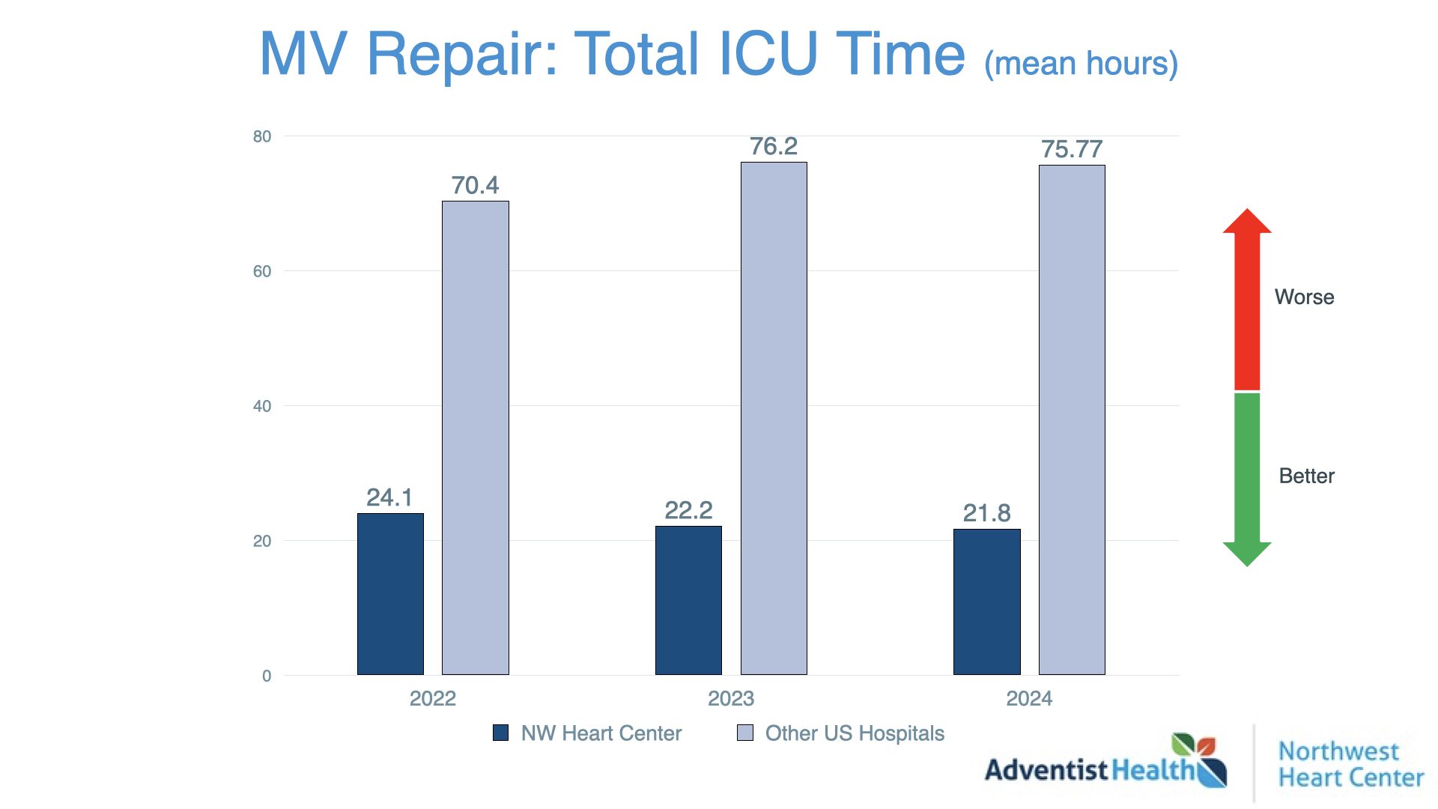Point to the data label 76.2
coord(774,146)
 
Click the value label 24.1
coord(389,497)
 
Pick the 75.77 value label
coord(1072,149)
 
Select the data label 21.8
coord(986,513)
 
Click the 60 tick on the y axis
coord(262,271)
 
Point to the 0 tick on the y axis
coord(267,676)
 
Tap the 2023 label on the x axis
coord(731,699)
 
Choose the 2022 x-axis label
coord(433,699)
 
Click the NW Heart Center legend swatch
coord(500,733)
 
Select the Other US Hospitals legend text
coord(855,733)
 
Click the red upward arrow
coord(1247,300)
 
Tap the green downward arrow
coord(1247,479)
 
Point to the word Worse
coord(1304,297)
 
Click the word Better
coord(1306,476)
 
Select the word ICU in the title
coord(768,54)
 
